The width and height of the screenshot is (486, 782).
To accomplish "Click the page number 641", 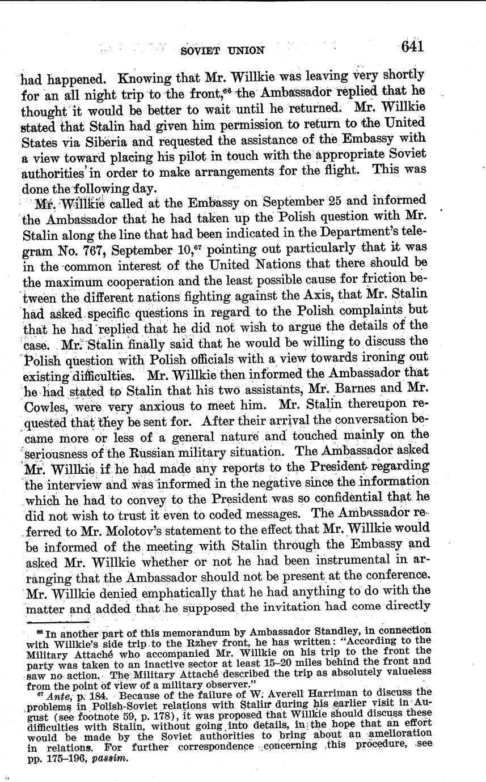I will pyautogui.click(x=412, y=46).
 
